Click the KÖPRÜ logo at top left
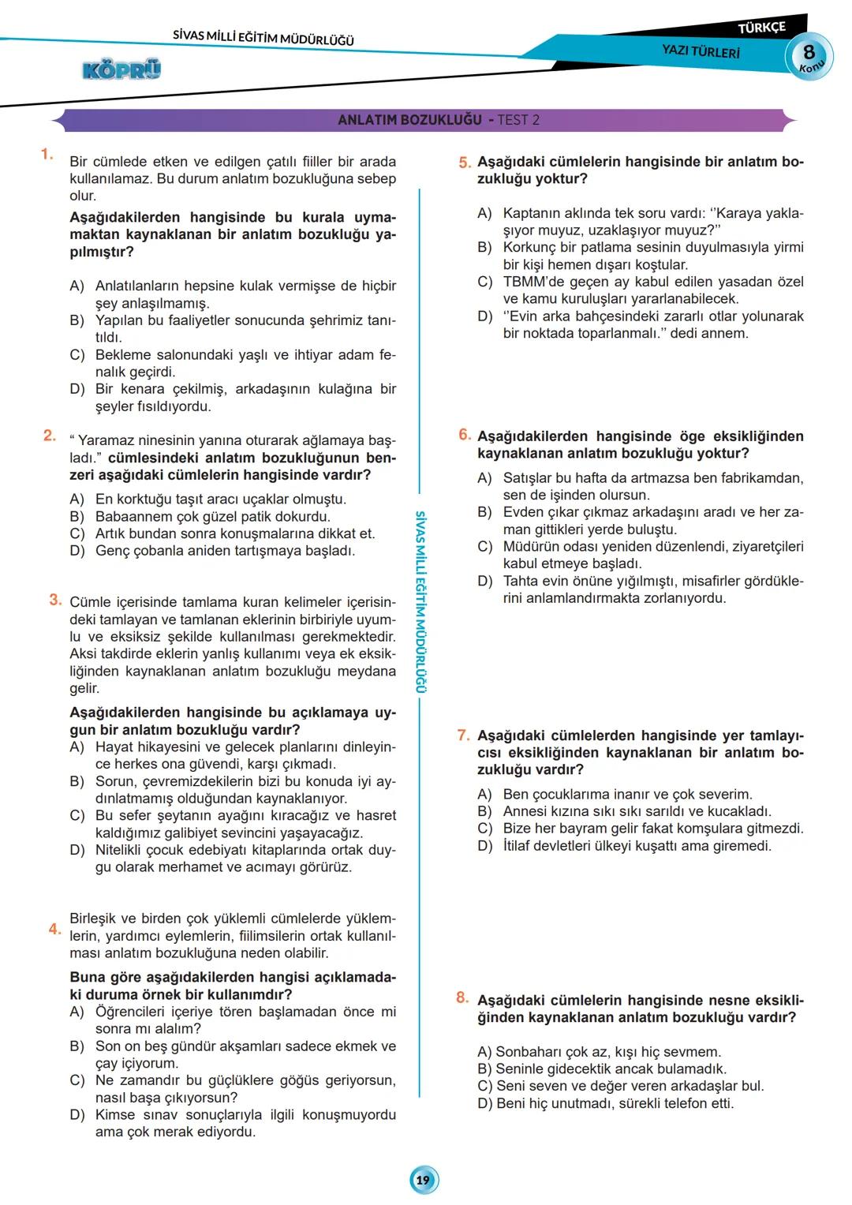tap(121, 70)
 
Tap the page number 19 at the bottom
tap(424, 1180)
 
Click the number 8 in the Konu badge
tap(809, 53)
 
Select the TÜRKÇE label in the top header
tap(761, 28)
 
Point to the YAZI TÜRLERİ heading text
tap(701, 51)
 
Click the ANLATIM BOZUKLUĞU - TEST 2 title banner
tap(438, 120)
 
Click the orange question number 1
tap(47, 155)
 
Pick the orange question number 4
tap(54, 929)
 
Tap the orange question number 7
tap(463, 735)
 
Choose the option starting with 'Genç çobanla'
tap(225, 551)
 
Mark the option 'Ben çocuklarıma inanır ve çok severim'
tap(627, 794)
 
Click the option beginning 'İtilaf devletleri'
tap(637, 846)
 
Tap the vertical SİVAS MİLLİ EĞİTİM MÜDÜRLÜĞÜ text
tap(420, 601)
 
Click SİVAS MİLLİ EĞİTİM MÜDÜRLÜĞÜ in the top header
tap(263, 37)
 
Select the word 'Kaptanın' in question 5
tap(530, 213)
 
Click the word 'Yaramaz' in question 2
tap(106, 441)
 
